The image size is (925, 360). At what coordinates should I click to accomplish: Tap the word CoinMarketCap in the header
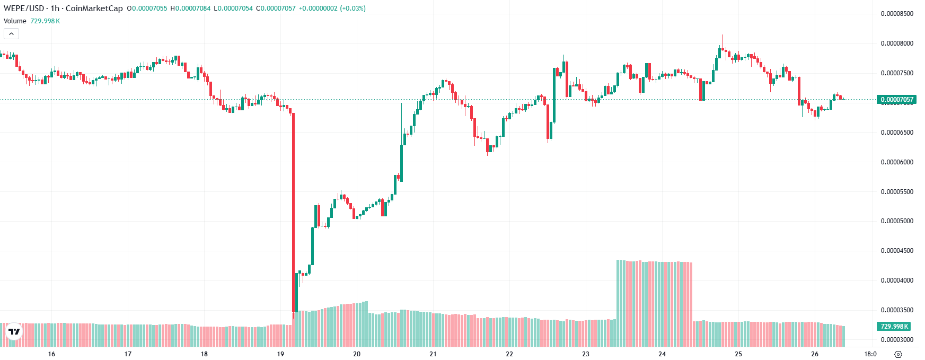pyautogui.click(x=94, y=8)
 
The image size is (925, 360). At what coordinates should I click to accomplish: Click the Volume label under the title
pyautogui.click(x=15, y=21)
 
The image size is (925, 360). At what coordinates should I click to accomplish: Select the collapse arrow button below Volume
pyautogui.click(x=11, y=34)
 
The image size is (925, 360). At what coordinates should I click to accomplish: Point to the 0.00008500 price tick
pyautogui.click(x=897, y=14)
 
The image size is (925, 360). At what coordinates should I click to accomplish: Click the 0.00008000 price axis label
pyautogui.click(x=897, y=43)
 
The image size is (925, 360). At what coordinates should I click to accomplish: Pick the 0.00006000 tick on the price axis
pyautogui.click(x=897, y=162)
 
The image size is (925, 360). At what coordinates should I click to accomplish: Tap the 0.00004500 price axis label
pyautogui.click(x=897, y=251)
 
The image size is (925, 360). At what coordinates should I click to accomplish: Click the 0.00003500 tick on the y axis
pyautogui.click(x=897, y=310)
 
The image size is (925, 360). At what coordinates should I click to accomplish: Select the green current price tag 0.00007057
pyautogui.click(x=897, y=100)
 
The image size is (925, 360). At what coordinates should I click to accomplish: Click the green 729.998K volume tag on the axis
pyautogui.click(x=894, y=327)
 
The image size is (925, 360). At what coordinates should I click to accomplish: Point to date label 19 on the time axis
pyautogui.click(x=280, y=354)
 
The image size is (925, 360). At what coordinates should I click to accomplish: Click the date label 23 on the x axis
pyautogui.click(x=586, y=354)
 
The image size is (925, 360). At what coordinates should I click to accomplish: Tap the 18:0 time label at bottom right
pyautogui.click(x=870, y=354)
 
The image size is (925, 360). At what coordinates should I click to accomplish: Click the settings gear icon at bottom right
pyautogui.click(x=898, y=354)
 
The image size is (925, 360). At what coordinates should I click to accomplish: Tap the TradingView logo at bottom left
pyautogui.click(x=14, y=332)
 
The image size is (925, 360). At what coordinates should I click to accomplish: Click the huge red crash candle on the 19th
pyautogui.click(x=293, y=212)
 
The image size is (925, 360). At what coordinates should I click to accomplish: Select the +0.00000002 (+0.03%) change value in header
pyautogui.click(x=332, y=8)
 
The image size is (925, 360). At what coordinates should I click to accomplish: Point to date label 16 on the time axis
pyautogui.click(x=51, y=354)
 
